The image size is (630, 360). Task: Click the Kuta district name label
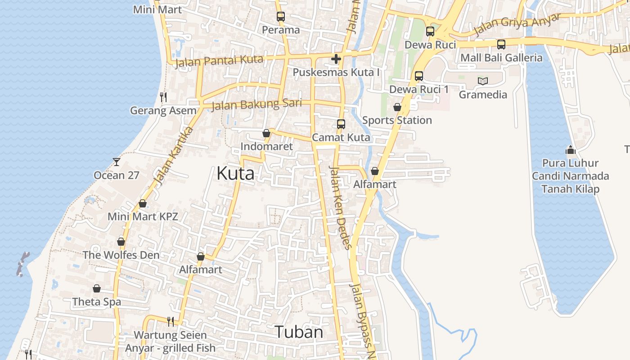point(235,173)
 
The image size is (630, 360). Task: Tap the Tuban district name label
point(299,332)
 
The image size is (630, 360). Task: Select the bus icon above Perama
point(281,17)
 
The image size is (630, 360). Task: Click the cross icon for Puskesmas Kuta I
point(336,59)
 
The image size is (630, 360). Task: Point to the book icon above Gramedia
point(483,81)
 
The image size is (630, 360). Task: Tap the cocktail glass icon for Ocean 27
point(117,162)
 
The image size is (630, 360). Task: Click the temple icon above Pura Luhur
point(570,150)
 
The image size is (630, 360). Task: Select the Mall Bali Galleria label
point(501,58)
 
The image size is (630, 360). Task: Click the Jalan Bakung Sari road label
point(256,104)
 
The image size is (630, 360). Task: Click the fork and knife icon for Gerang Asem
point(163,97)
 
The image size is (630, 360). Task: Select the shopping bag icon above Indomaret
point(266,133)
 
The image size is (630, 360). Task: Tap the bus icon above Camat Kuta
point(341,124)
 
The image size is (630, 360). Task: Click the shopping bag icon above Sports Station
point(397,107)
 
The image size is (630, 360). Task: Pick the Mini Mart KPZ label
point(143,216)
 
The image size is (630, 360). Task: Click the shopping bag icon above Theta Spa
point(97,288)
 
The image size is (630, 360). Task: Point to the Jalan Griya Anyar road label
point(517,25)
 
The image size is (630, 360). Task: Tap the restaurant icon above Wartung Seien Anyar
point(171,321)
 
